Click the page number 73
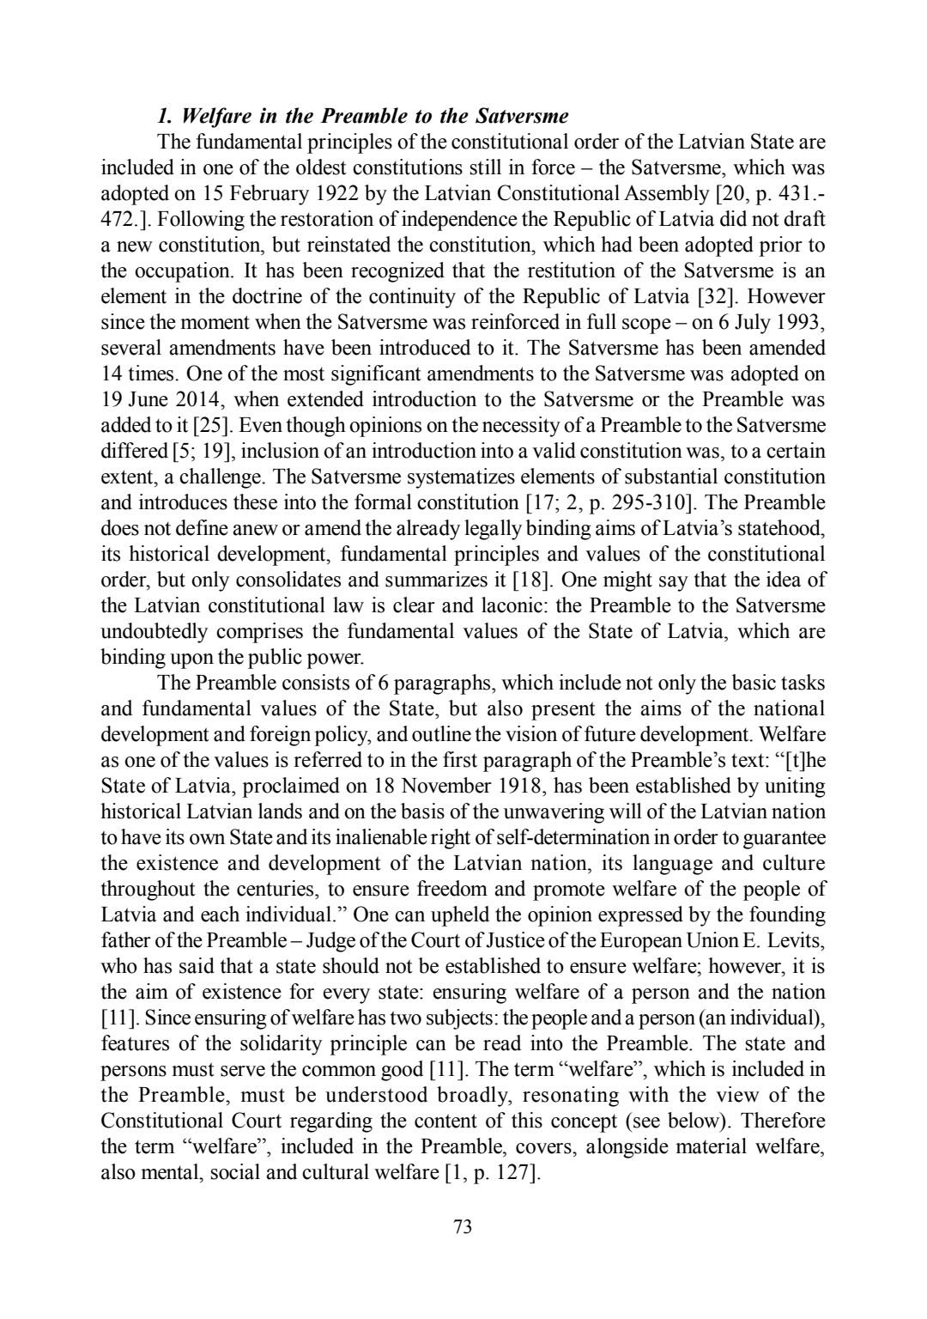[x=463, y=1226]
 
